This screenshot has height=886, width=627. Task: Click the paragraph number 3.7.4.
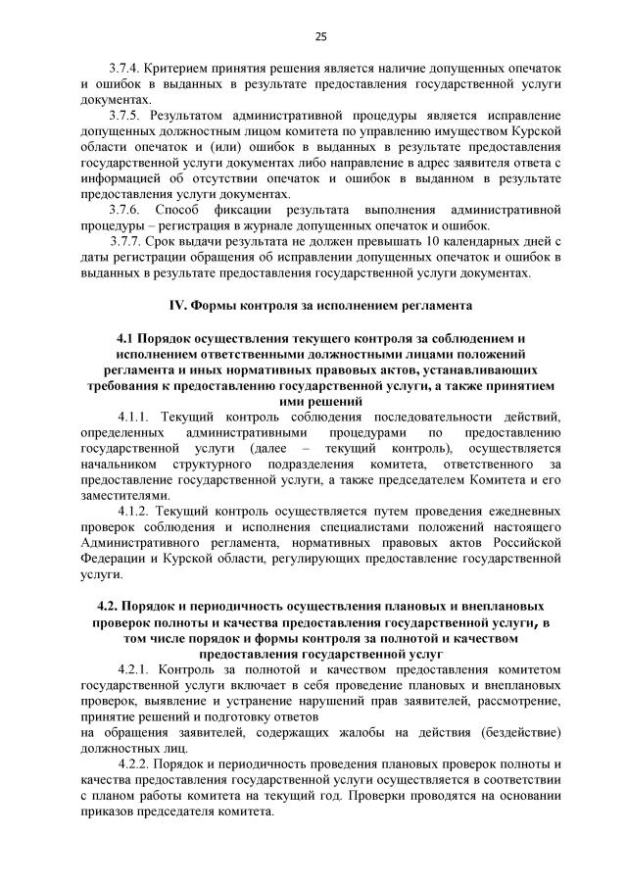(124, 71)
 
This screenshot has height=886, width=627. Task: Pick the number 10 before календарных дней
(432, 243)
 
